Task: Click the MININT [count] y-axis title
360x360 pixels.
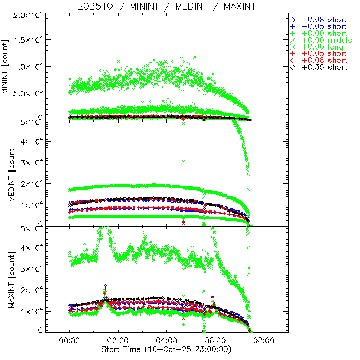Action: click(6, 66)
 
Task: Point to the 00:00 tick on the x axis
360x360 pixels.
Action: click(69, 341)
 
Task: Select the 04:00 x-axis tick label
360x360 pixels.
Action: click(166, 341)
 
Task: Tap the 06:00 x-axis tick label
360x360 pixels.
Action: click(215, 341)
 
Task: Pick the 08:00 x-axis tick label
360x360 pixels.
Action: click(264, 341)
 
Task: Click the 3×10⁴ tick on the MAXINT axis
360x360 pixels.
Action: click(30, 269)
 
